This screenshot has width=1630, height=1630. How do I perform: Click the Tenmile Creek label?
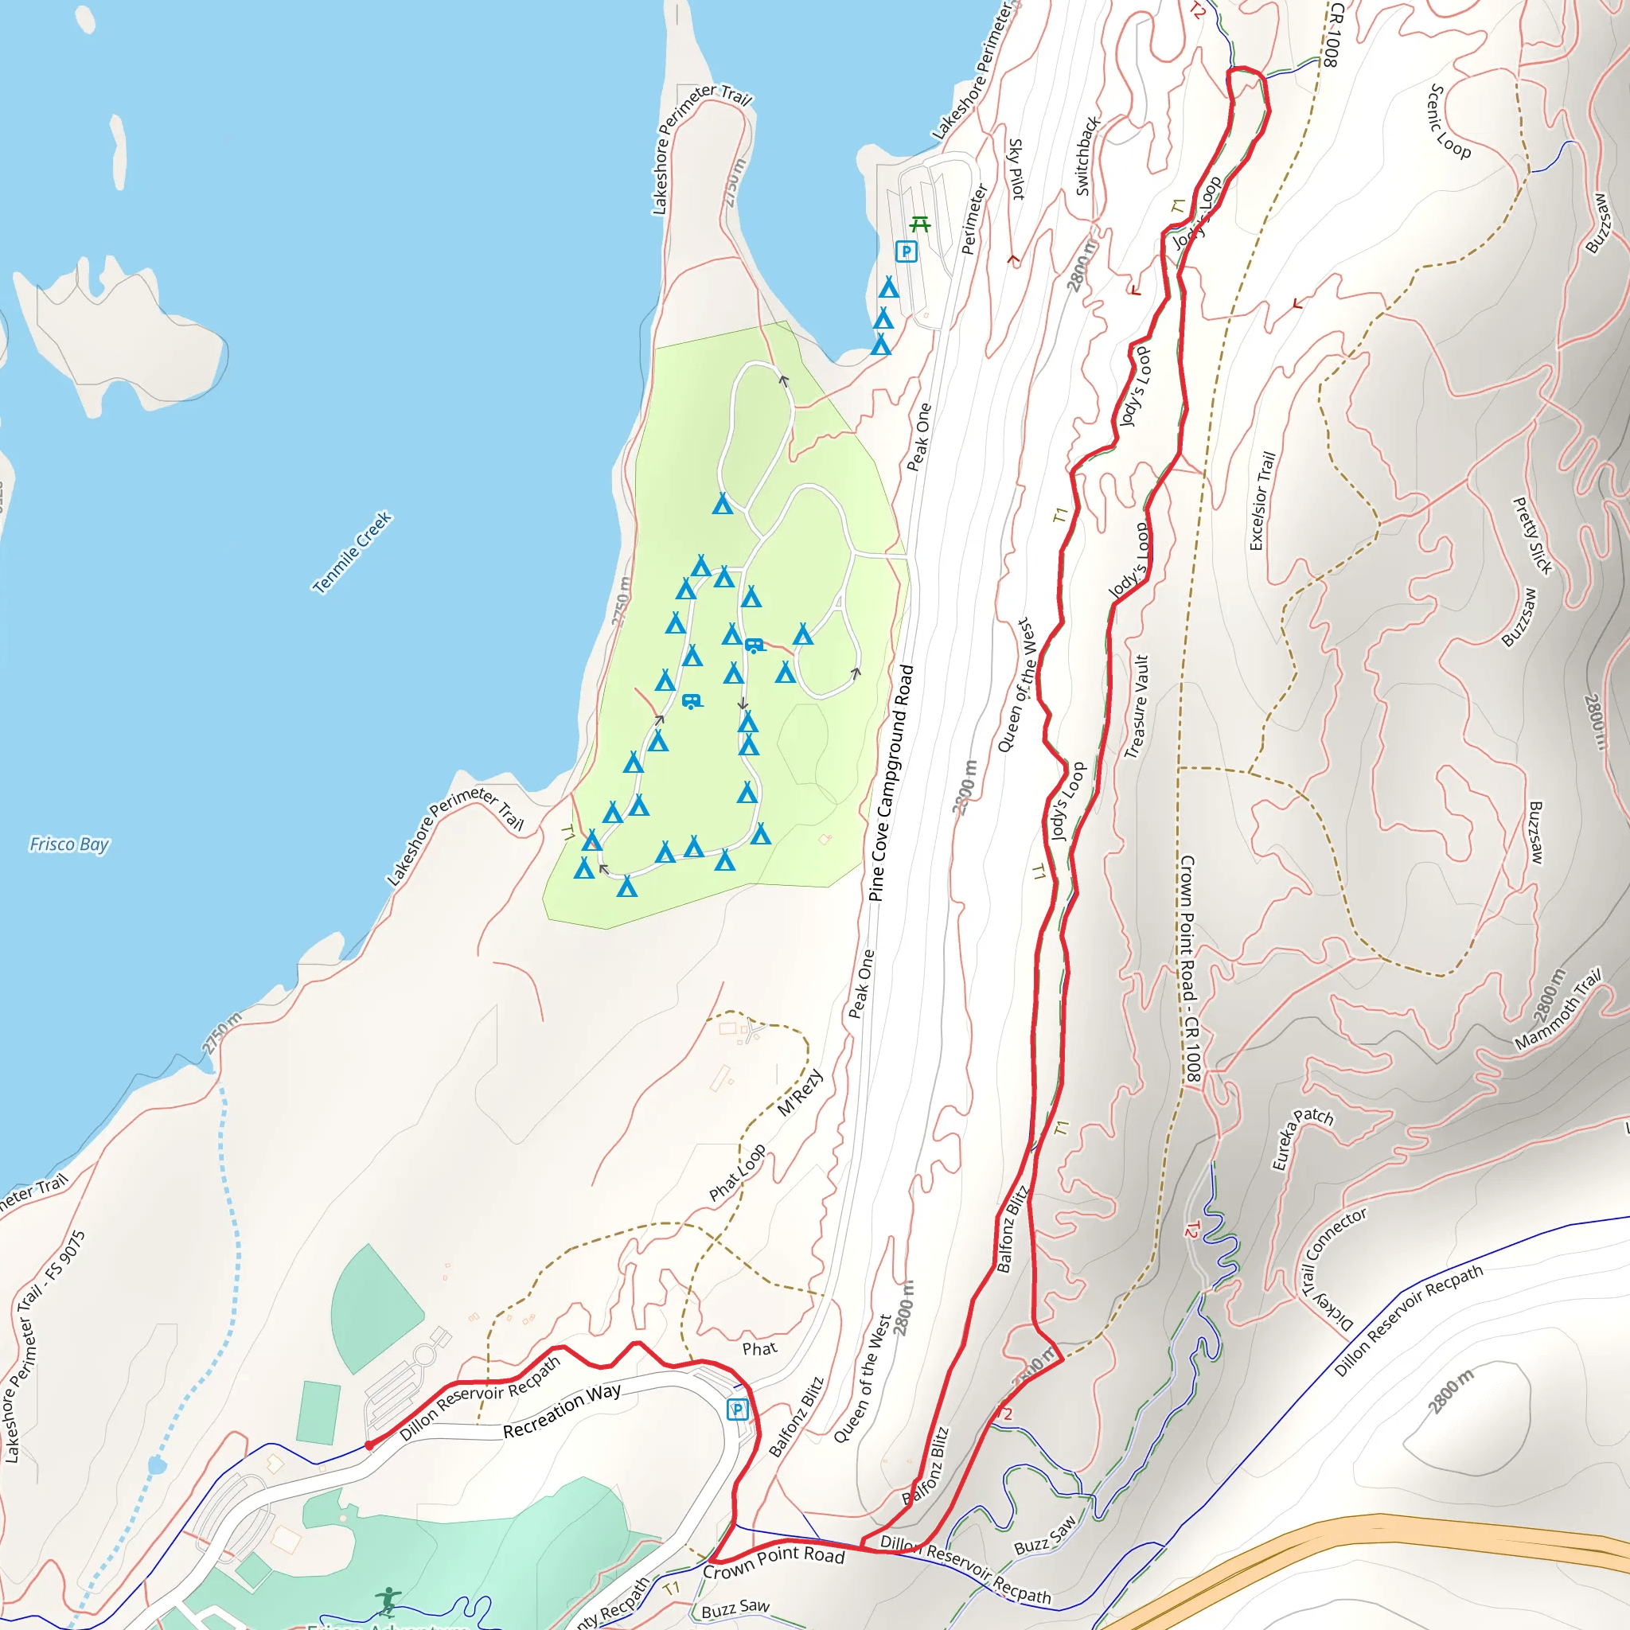(352, 552)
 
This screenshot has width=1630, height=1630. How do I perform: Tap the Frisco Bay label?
(69, 844)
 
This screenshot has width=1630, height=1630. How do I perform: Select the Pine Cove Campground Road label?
(891, 783)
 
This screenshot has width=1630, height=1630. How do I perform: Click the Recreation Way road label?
(562, 1410)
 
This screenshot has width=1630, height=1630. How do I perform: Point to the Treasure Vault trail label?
(1137, 707)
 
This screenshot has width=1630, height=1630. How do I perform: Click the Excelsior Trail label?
(1262, 501)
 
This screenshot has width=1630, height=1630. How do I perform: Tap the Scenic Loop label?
(1448, 123)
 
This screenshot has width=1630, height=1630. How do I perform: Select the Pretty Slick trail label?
(1532, 536)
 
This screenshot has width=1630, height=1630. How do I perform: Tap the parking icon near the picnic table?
(906, 252)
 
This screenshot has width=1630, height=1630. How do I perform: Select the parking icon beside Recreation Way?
(737, 1410)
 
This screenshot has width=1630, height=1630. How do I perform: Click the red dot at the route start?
(369, 1445)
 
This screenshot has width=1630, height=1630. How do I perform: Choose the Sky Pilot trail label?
(1016, 170)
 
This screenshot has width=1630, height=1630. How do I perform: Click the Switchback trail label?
(1086, 157)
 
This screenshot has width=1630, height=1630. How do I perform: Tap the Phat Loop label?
(737, 1172)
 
